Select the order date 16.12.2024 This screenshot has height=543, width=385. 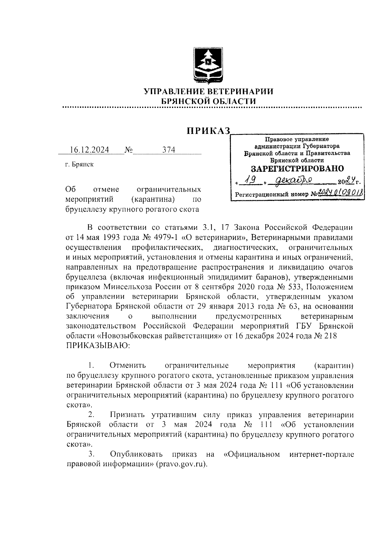(90, 150)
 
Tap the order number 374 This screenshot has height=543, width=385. (169, 150)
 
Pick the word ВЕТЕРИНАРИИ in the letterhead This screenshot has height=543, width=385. (241, 92)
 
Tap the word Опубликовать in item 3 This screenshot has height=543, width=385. (136, 455)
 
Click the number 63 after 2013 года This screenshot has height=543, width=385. (291, 306)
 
